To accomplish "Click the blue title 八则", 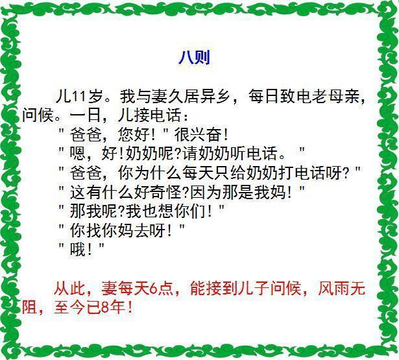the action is click(194, 57).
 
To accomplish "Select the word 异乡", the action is click(215, 97).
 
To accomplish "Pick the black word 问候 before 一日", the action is click(38, 115).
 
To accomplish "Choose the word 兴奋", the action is click(206, 134).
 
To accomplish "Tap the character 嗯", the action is click(78, 153).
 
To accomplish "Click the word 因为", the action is click(206, 192).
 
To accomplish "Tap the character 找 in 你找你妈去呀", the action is click(93, 230).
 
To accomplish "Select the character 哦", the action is click(78, 249).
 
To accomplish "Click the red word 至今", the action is click(69, 307).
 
